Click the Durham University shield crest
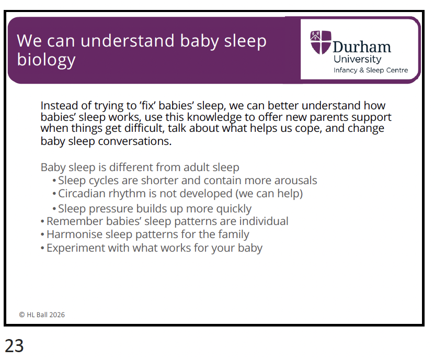pyautogui.click(x=321, y=42)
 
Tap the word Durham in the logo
pyautogui.click(x=362, y=47)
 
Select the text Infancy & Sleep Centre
pyautogui.click(x=371, y=70)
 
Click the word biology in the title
pyautogui.click(x=46, y=60)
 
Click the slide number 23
pyautogui.click(x=14, y=345)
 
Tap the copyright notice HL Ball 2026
pyautogui.click(x=42, y=315)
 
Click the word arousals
pyautogui.click(x=295, y=181)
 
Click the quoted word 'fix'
pyautogui.click(x=147, y=106)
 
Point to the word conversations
pyautogui.click(x=135, y=141)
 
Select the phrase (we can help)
pyautogui.click(x=269, y=194)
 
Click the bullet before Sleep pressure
pyautogui.click(x=54, y=209)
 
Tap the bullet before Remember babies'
pyautogui.click(x=42, y=221)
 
